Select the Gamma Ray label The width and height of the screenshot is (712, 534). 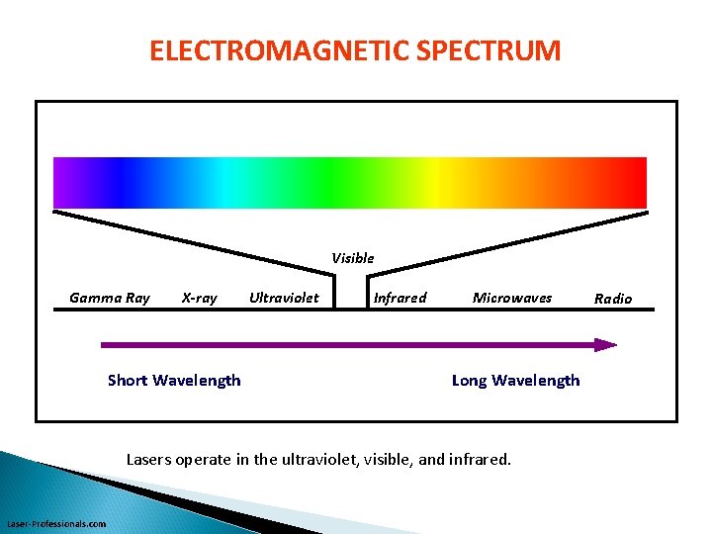click(110, 298)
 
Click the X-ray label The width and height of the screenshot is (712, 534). click(200, 298)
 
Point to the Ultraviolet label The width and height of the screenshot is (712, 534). click(284, 298)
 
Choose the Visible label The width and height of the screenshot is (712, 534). click(353, 258)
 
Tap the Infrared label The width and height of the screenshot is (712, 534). click(400, 298)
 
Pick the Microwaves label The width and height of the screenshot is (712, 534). click(512, 298)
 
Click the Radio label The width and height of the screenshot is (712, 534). click(613, 299)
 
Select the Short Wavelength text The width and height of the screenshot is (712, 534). click(174, 381)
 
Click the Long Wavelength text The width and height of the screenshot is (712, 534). click(515, 381)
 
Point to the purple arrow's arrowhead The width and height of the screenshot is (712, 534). click(605, 345)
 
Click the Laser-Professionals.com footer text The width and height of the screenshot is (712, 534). click(56, 523)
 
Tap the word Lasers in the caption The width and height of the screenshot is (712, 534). click(148, 459)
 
